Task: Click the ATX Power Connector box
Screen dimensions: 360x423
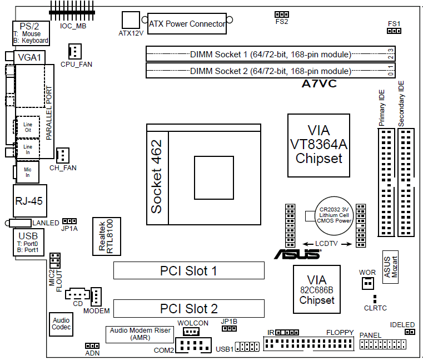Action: (x=187, y=24)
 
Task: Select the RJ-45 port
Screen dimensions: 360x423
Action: (x=29, y=201)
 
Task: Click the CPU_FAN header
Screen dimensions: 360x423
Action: (x=74, y=52)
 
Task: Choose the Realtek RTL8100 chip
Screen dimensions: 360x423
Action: (x=106, y=236)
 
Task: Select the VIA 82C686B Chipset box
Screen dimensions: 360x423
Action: (x=317, y=290)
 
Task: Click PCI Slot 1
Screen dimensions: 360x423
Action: (x=188, y=271)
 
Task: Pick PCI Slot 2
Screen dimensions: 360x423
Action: (x=188, y=308)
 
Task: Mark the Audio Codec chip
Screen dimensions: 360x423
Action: (x=61, y=324)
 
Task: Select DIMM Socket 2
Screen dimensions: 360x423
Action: (x=270, y=71)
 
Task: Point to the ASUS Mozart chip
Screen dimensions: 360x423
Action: (x=391, y=267)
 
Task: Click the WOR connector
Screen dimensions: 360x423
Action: (x=367, y=283)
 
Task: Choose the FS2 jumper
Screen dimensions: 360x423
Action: (x=281, y=14)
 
